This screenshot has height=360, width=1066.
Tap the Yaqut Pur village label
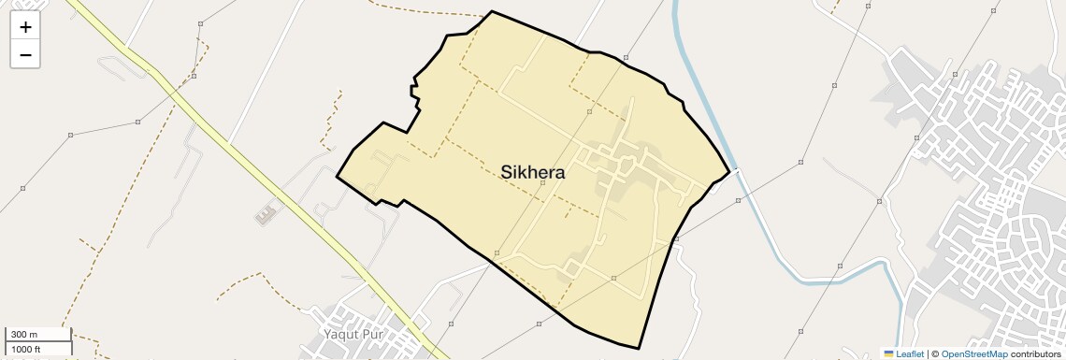pos(354,334)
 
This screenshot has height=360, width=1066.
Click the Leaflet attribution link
pos(910,353)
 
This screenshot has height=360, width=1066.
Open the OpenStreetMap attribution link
pos(973,353)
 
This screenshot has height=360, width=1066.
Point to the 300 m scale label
pos(24,334)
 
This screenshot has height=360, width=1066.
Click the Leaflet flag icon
pos(888,353)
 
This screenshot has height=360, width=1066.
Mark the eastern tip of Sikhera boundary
pos(728,173)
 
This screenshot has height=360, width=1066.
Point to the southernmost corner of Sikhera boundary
pos(639,349)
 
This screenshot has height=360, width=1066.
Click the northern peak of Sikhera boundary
pos(492,12)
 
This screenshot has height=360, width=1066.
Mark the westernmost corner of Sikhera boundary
pos(337,175)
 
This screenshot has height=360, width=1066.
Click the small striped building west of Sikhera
pos(266,214)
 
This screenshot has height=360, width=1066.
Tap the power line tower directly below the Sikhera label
pos(542,182)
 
